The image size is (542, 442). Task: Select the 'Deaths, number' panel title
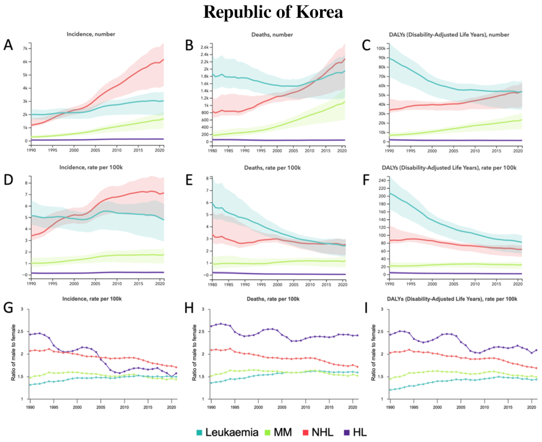272,35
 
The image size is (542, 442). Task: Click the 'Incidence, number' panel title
91,34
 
